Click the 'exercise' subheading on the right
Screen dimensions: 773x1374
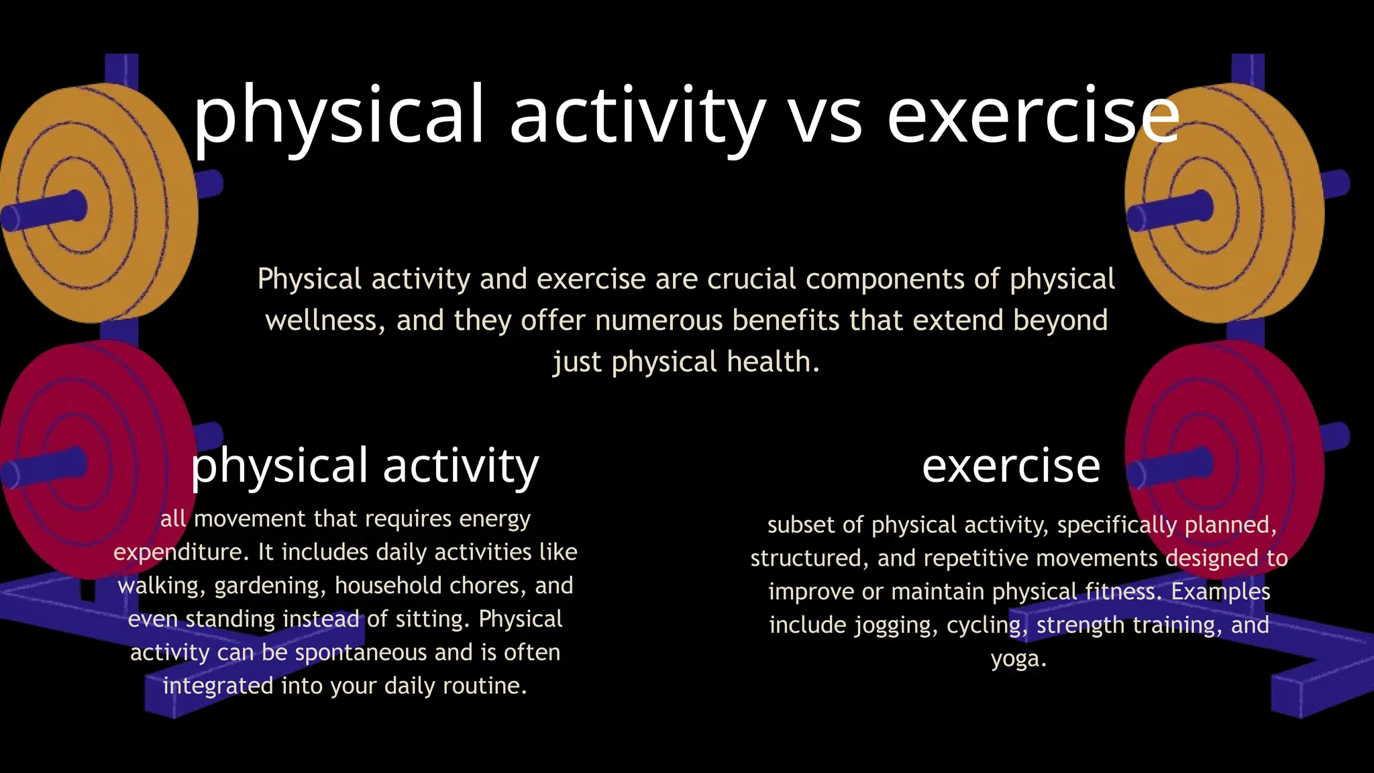[x=1010, y=465]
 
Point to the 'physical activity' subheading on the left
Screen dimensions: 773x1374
[x=365, y=465]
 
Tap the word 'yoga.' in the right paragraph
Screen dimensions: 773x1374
[x=1018, y=658]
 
